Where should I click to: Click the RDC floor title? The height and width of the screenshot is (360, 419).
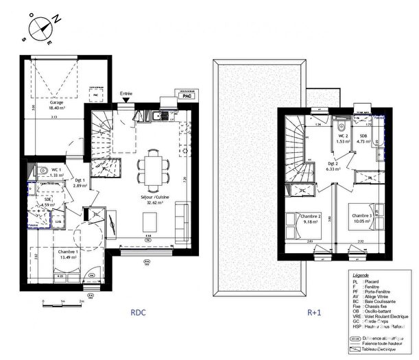(140, 313)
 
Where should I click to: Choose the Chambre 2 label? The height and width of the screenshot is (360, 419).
(311, 216)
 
